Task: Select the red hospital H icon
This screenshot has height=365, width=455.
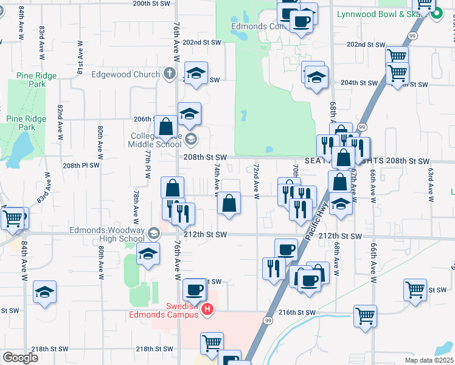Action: pyautogui.click(x=208, y=310)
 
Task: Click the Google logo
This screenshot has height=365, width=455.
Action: pyautogui.click(x=19, y=358)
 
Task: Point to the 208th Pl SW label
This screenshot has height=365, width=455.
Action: pyautogui.click(x=80, y=165)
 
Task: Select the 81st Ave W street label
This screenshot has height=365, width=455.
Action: pyautogui.click(x=80, y=58)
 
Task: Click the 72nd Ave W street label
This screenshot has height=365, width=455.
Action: pyautogui.click(x=257, y=181)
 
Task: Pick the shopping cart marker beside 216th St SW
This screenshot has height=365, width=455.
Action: pyautogui.click(x=365, y=316)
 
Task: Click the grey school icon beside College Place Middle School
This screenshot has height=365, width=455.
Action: pyautogui.click(x=190, y=139)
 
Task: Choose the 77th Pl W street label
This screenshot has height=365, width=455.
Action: pyautogui.click(x=147, y=163)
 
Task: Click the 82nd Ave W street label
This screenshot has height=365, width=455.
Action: pyautogui.click(x=60, y=123)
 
